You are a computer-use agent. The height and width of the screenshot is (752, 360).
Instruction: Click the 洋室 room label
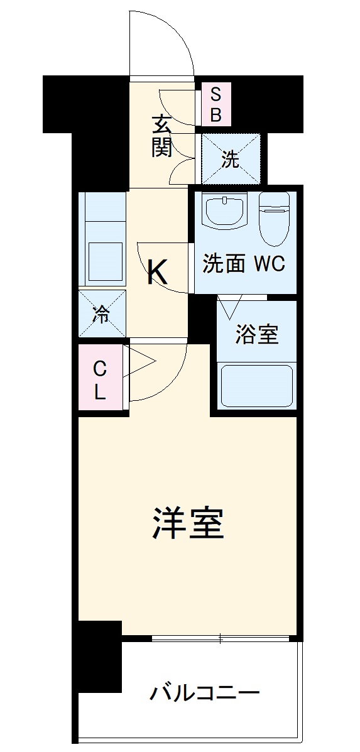click(x=188, y=525)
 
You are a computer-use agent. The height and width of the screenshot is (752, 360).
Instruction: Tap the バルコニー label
click(x=204, y=694)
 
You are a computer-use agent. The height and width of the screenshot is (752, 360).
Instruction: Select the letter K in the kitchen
click(x=157, y=273)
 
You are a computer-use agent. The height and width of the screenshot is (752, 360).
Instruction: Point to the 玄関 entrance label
click(x=161, y=136)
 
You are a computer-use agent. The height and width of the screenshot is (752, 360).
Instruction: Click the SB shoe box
click(x=215, y=105)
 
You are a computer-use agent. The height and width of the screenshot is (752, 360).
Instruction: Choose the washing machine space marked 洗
click(x=230, y=160)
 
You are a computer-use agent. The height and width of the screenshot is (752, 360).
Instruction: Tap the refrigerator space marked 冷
click(x=101, y=313)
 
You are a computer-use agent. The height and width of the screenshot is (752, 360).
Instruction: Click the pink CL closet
click(x=101, y=381)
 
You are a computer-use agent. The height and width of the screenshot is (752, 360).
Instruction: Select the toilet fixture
click(x=274, y=220)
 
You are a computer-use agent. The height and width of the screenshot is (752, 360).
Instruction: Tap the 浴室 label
click(x=256, y=335)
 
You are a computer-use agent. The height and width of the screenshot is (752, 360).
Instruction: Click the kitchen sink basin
click(x=105, y=261)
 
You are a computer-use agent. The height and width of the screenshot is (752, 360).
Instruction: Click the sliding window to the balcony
click(x=220, y=640)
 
